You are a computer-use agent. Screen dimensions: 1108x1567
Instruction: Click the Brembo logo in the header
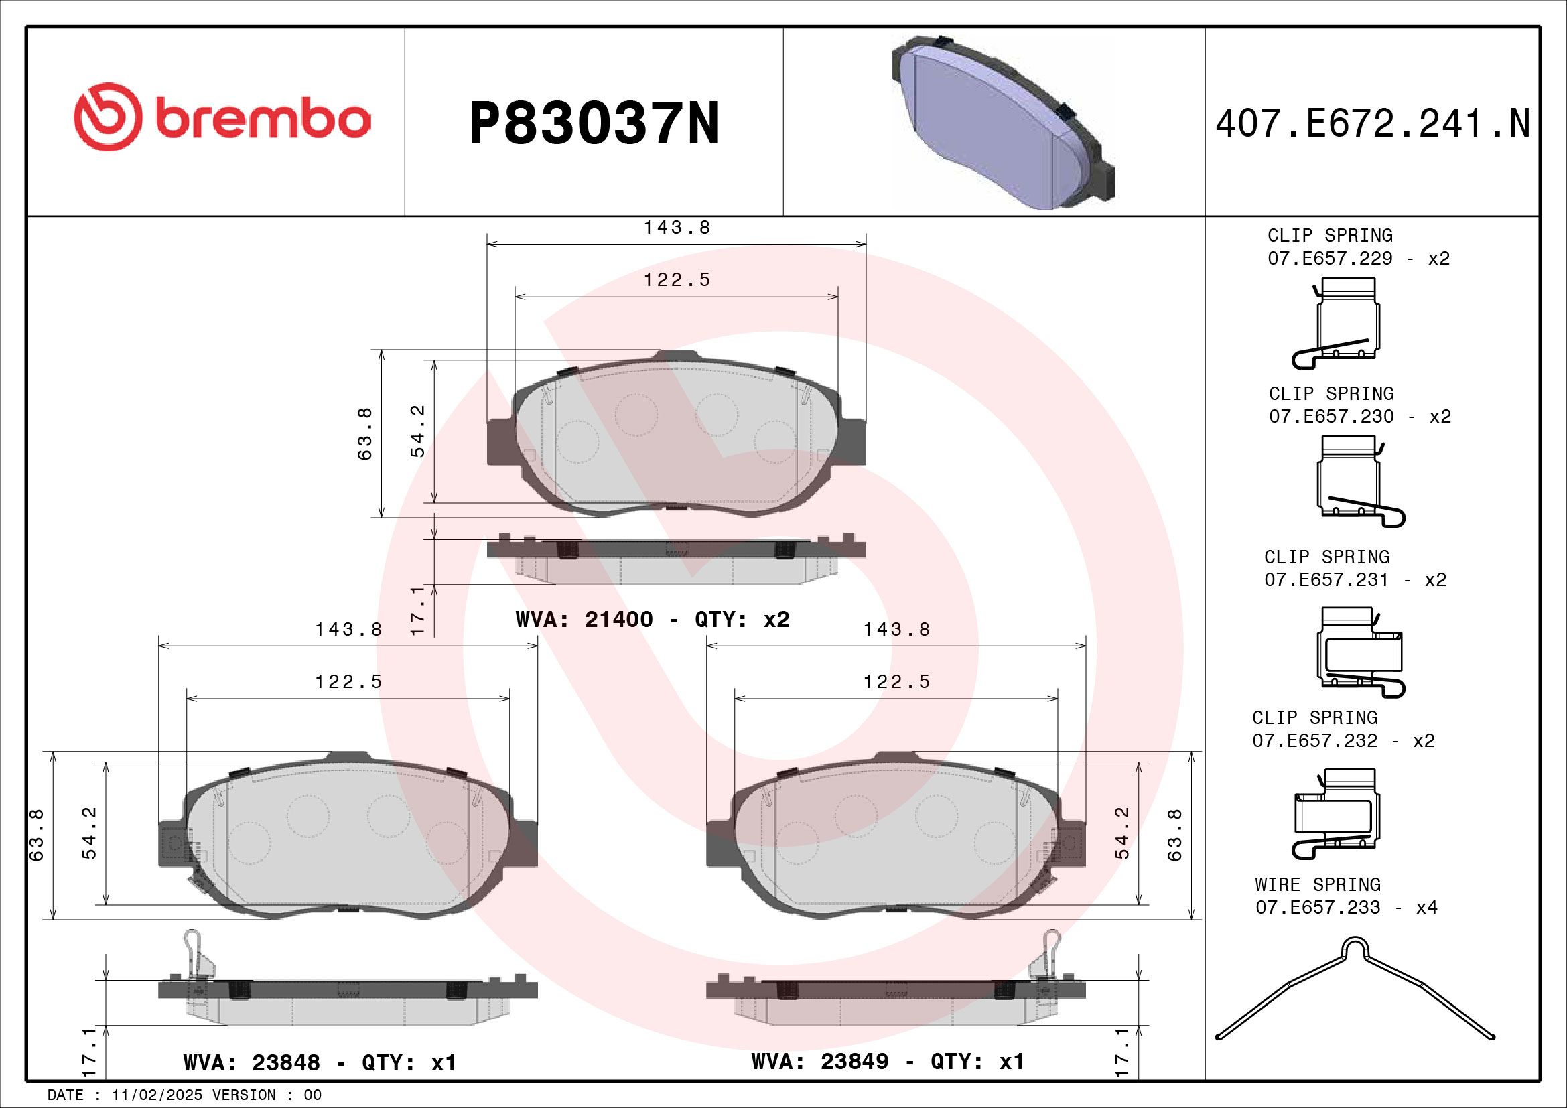(x=222, y=117)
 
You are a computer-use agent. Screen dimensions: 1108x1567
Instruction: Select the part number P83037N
(x=594, y=123)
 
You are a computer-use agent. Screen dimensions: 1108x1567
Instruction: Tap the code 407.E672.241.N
(x=1373, y=124)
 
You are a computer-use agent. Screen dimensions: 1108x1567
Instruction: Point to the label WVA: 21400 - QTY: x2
(x=653, y=620)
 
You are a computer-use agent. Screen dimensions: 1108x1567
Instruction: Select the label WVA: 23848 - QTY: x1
(x=319, y=1063)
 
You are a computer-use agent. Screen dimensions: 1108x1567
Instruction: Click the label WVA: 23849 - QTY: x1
(x=887, y=1062)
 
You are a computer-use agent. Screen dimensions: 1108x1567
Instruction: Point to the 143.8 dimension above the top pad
(x=677, y=228)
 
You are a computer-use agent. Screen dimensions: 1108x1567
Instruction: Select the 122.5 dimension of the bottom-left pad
(x=348, y=681)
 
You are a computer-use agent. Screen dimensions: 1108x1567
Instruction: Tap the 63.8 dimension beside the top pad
(x=365, y=433)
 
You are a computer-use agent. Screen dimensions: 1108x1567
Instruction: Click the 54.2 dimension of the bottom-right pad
(x=1122, y=833)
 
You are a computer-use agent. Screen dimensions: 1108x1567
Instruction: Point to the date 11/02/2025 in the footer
(x=157, y=1095)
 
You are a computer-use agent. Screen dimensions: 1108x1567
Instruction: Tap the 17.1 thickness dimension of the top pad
(x=417, y=610)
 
